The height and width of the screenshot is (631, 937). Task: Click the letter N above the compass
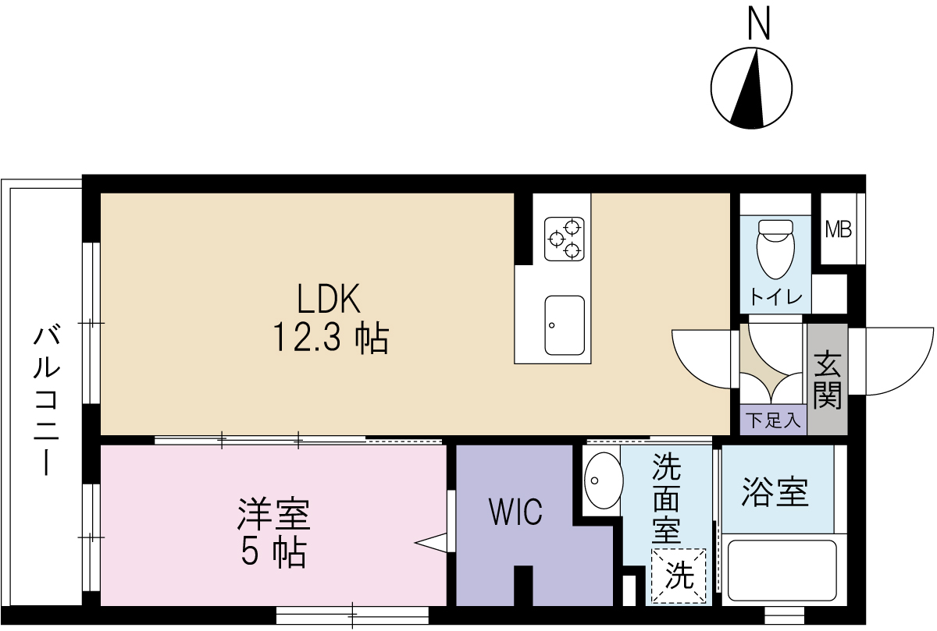pos(758,23)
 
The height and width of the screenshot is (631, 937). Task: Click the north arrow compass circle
pos(752,87)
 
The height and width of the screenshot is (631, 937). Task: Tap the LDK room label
pos(328,299)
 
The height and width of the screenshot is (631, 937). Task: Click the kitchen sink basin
pos(565,325)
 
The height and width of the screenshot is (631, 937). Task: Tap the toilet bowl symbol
pos(775,247)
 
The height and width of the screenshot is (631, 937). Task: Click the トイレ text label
pos(775,297)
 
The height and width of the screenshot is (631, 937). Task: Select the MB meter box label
pos(838,230)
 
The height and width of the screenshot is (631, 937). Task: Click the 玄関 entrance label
pos(827,380)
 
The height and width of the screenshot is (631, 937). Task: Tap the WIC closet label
pos(515,512)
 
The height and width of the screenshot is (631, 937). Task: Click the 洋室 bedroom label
pos(273,515)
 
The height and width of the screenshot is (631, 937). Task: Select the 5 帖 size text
pos(273,553)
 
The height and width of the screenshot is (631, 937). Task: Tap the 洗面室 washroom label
pos(667,499)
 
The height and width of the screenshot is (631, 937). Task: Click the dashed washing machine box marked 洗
pos(679,576)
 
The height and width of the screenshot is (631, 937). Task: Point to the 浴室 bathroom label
pos(775,491)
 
